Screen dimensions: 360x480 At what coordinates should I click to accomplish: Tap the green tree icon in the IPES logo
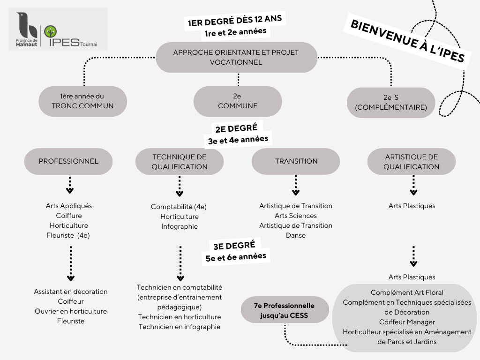pyautogui.click(x=51, y=32)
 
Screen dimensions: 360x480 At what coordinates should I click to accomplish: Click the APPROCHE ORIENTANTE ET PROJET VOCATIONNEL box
pyautogui.click(x=236, y=57)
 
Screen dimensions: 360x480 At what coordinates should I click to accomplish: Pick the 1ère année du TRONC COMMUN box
pyautogui.click(x=83, y=101)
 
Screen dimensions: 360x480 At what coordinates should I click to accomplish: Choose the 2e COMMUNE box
pyautogui.click(x=238, y=101)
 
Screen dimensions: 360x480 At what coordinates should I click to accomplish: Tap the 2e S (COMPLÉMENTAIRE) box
pyautogui.click(x=391, y=102)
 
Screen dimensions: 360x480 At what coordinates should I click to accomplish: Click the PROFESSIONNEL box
pyautogui.click(x=68, y=161)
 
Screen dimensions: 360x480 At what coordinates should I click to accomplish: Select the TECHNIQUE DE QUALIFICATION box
pyautogui.click(x=180, y=161)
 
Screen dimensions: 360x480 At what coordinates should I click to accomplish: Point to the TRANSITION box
pyautogui.click(x=296, y=161)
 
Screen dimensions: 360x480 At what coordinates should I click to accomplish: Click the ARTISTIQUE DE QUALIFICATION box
pyautogui.click(x=411, y=161)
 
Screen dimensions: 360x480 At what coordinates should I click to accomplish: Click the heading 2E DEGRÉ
pyautogui.click(x=236, y=128)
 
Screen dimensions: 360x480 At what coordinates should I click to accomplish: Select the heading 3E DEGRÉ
pyautogui.click(x=234, y=245)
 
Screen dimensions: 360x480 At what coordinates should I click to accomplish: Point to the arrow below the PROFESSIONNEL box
pyautogui.click(x=70, y=185)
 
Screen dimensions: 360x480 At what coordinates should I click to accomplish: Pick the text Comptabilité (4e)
pyautogui.click(x=179, y=207)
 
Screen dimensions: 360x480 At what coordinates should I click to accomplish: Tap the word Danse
pyautogui.click(x=296, y=235)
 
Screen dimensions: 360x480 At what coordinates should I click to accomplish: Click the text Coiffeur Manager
pyautogui.click(x=407, y=322)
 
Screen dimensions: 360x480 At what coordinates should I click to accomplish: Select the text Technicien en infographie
pyautogui.click(x=180, y=327)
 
